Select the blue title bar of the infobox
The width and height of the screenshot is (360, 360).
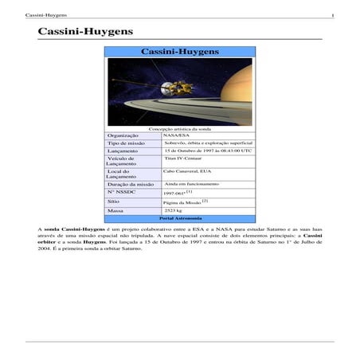point(179,51)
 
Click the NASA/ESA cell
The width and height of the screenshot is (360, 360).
point(176,136)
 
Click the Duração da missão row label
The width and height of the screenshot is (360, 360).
point(131,184)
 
